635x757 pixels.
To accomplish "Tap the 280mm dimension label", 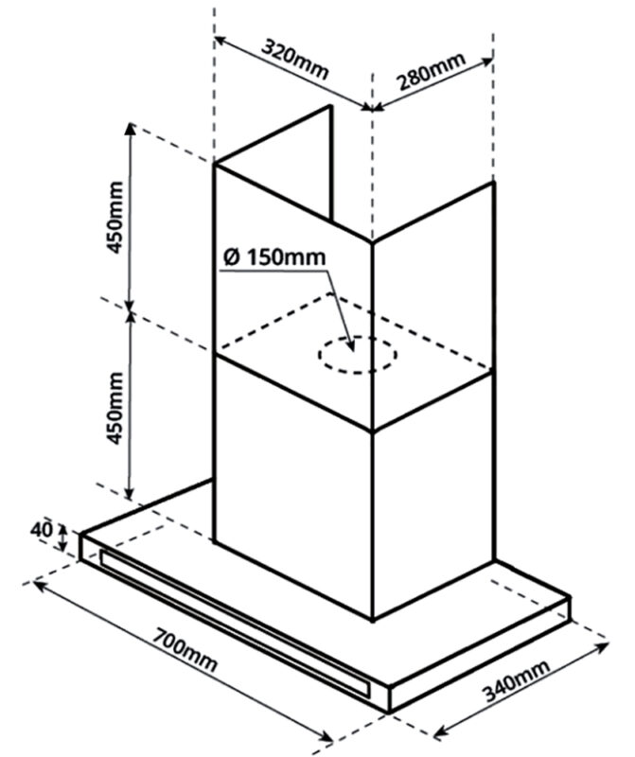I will (431, 73).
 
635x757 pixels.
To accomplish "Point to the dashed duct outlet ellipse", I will (358, 356).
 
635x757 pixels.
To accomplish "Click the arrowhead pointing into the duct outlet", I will (350, 346).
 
